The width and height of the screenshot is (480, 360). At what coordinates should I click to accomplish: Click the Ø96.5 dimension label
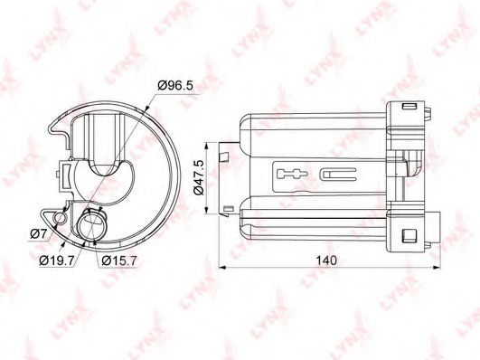(x=175, y=85)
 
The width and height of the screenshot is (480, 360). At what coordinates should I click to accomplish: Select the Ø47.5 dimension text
(x=199, y=178)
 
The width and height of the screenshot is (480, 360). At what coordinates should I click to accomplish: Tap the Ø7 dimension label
(x=38, y=234)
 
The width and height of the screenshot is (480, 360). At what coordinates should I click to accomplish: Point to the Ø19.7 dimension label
(x=57, y=261)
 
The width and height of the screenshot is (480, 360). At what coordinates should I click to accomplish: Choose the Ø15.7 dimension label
(x=119, y=261)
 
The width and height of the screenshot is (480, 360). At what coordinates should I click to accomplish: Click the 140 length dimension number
(x=326, y=261)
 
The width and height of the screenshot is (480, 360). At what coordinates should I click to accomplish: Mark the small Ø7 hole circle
(x=60, y=218)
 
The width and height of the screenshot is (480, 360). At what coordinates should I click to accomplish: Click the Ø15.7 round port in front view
(x=91, y=225)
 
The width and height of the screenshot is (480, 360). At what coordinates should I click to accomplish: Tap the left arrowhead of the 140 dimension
(x=222, y=268)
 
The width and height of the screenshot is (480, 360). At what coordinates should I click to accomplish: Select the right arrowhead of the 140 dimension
(x=438, y=268)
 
